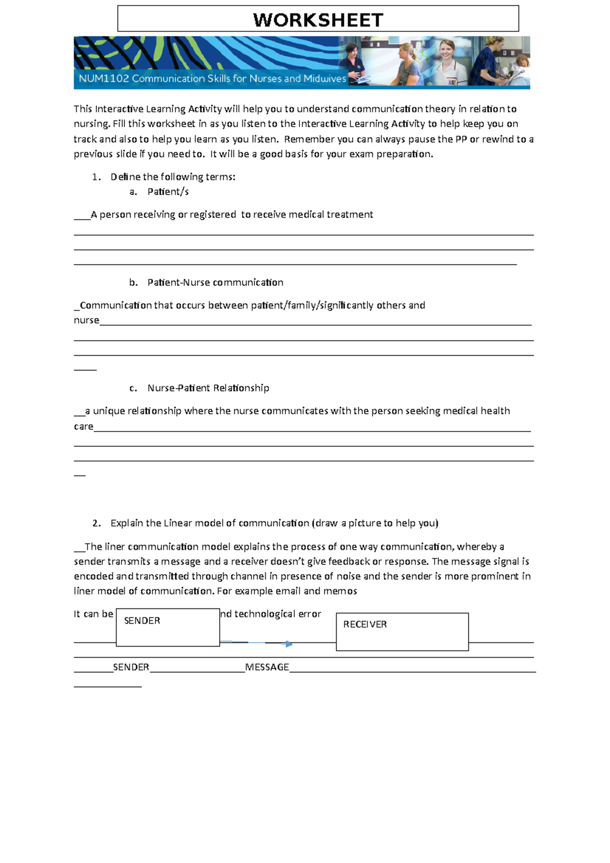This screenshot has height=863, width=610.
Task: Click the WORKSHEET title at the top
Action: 318,20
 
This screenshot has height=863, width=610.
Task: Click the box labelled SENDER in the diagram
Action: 168,627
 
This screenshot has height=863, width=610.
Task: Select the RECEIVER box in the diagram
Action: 402,631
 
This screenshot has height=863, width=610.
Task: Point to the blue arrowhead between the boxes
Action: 289,644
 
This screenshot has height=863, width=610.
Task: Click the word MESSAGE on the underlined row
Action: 267,667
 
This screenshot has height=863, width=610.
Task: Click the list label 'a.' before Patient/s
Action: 133,192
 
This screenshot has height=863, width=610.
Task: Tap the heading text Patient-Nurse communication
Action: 215,282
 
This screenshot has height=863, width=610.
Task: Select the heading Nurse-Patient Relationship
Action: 208,388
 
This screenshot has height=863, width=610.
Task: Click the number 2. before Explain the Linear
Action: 97,523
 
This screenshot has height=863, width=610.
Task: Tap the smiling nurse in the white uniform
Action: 448,61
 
